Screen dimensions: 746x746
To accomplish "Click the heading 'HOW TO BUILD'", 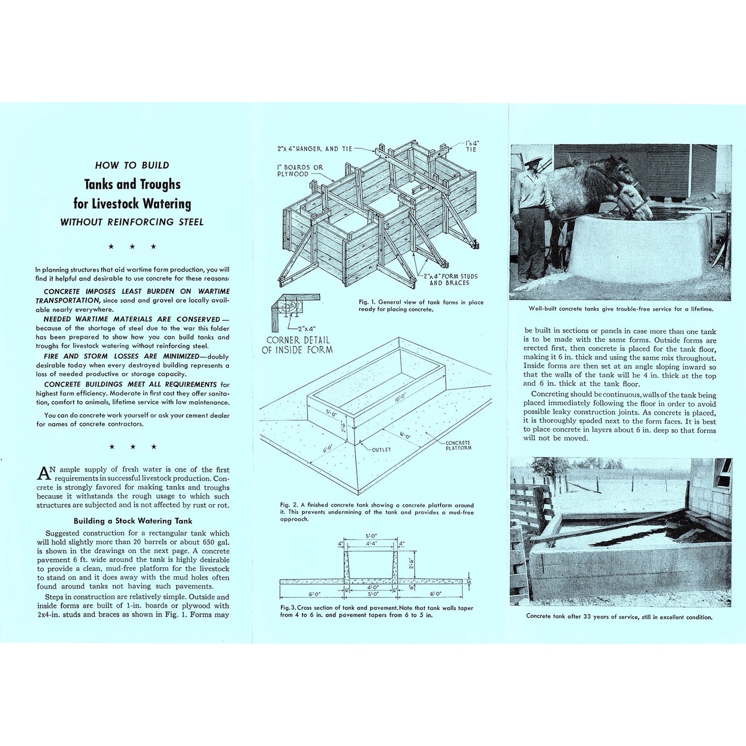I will click(x=132, y=165).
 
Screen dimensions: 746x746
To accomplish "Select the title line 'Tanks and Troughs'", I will click(x=132, y=184).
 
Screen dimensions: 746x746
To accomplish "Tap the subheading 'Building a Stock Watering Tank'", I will click(x=133, y=521).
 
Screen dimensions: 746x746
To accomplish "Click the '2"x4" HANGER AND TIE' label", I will click(x=314, y=149).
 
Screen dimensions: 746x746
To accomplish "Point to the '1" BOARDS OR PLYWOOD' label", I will click(x=300, y=171).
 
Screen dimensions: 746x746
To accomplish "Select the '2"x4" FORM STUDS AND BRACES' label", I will click(x=450, y=279).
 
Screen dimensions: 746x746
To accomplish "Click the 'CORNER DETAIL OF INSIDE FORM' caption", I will click(x=297, y=345).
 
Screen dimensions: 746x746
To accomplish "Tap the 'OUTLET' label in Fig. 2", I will click(x=381, y=450).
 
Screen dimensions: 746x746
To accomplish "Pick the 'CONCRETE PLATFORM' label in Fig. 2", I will click(x=458, y=445).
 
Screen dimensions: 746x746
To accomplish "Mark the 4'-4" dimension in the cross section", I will click(x=371, y=543).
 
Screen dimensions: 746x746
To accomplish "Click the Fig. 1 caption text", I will click(x=421, y=306).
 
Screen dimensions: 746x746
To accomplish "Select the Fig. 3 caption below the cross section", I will click(x=376, y=611).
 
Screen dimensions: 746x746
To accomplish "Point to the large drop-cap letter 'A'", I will click(x=44, y=472).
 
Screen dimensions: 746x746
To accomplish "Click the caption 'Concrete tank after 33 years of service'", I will click(x=619, y=616).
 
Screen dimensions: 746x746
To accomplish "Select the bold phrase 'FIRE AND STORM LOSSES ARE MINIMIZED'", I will click(x=121, y=356).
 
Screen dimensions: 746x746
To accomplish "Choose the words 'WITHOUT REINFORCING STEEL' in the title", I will click(x=132, y=222).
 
